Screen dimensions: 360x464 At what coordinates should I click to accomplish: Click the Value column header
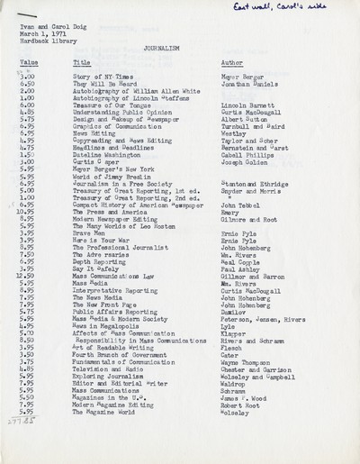click(x=28, y=63)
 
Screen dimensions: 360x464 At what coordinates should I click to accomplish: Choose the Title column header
click(x=81, y=63)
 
